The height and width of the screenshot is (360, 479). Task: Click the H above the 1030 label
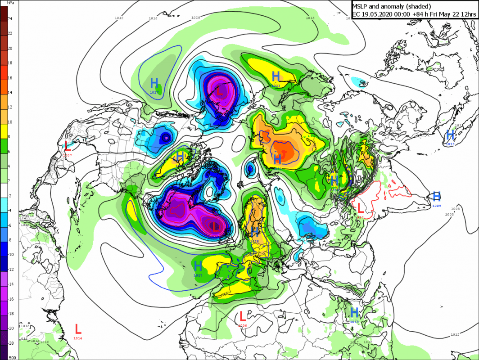(277, 159)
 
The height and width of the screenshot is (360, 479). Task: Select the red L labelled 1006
(243, 316)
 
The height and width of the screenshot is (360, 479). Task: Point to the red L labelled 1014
(78, 328)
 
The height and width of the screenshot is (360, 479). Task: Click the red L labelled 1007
(67, 146)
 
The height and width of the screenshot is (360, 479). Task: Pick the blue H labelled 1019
(354, 312)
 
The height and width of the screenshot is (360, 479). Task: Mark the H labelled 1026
(255, 232)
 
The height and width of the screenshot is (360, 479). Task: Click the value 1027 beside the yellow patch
(198, 275)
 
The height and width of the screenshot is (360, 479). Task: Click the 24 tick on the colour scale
(10, 18)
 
